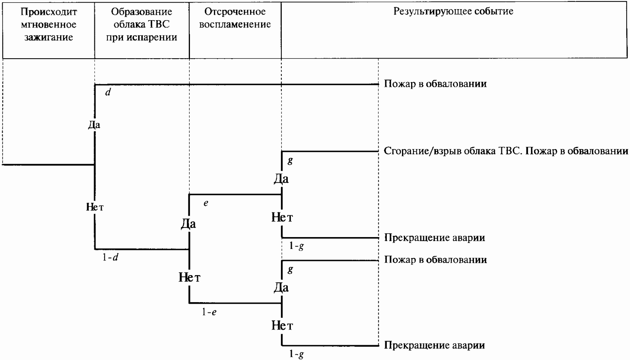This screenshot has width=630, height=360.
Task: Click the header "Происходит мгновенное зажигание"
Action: pyautogui.click(x=49, y=24)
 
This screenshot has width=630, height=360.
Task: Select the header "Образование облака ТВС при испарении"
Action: pyautogui.click(x=142, y=24)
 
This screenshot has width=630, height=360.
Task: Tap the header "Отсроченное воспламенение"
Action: pyautogui.click(x=235, y=18)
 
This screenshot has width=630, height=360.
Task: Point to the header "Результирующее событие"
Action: pyautogui.click(x=453, y=11)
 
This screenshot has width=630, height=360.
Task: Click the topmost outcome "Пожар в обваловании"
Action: pyautogui.click(x=435, y=84)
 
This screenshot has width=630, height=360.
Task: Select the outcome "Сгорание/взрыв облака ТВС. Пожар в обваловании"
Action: pyautogui.click(x=506, y=151)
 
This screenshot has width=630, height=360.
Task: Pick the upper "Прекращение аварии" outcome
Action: pyautogui.click(x=435, y=238)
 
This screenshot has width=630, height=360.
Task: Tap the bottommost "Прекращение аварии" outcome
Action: pyautogui.click(x=435, y=345)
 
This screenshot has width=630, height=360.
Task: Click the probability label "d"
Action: pyautogui.click(x=108, y=92)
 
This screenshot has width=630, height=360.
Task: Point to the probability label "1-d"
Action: pyautogui.click(x=110, y=257)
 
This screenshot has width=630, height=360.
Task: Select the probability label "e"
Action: pyautogui.click(x=206, y=203)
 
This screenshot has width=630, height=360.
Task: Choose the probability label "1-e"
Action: pyautogui.click(x=209, y=312)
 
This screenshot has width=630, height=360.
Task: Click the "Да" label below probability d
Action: pyautogui.click(x=94, y=124)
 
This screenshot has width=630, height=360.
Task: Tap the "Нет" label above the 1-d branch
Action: pyautogui.click(x=95, y=207)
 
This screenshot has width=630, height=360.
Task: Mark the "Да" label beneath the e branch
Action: pyautogui.click(x=188, y=224)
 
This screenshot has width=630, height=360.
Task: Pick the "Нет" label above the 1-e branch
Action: pyautogui.click(x=190, y=277)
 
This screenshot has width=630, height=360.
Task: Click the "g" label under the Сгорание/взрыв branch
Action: pyautogui.click(x=290, y=161)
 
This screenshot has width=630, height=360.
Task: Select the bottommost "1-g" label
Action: pyautogui.click(x=297, y=354)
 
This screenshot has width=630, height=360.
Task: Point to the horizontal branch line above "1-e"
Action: pyautogui.click(x=235, y=303)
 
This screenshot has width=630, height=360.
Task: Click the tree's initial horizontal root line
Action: pyautogui.click(x=48, y=164)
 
